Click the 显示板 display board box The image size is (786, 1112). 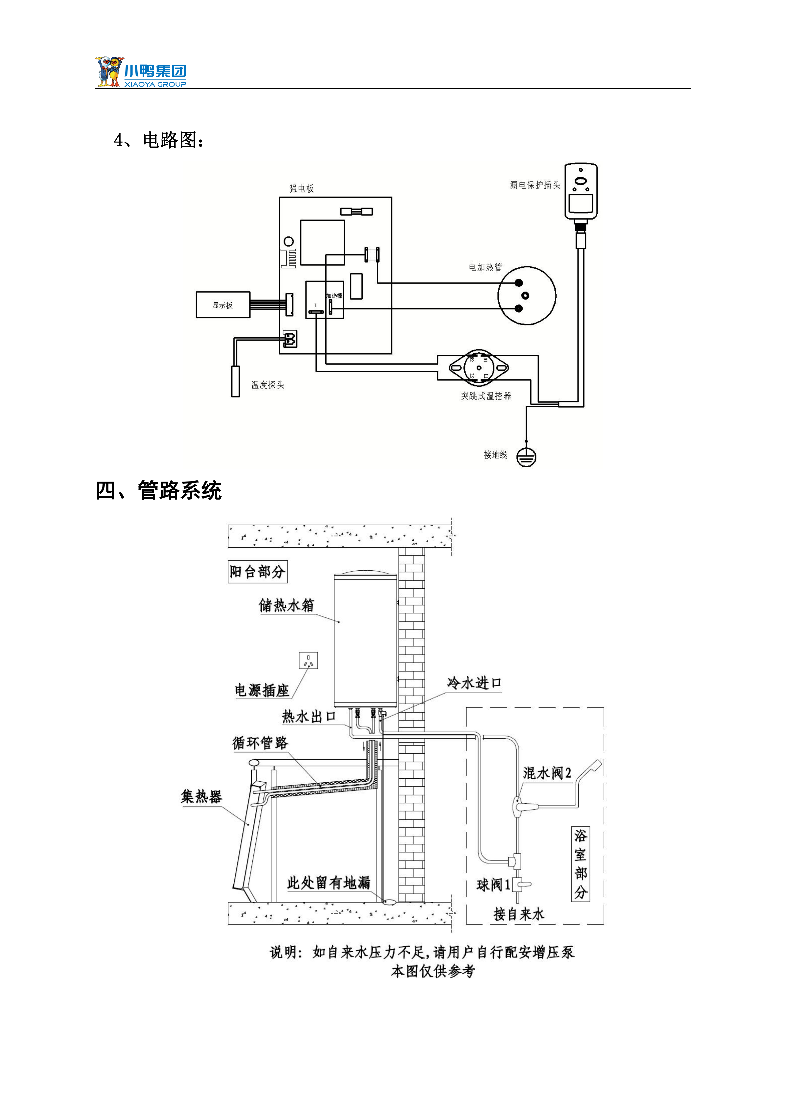(223, 305)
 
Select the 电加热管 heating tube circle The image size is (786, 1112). (527, 295)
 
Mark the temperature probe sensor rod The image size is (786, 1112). (236, 382)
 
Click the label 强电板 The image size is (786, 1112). (302, 188)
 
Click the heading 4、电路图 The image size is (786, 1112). (159, 140)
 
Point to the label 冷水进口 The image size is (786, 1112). (474, 683)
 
